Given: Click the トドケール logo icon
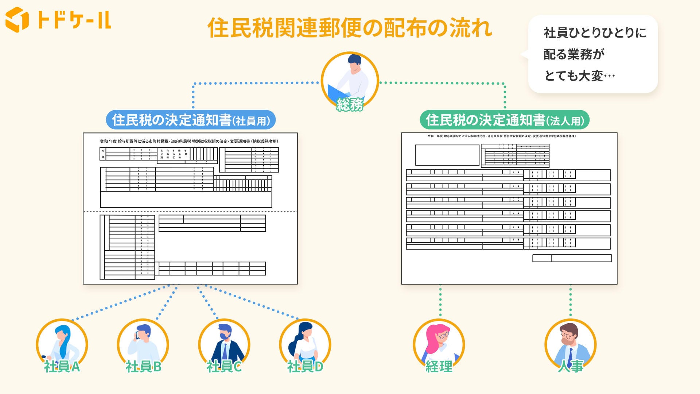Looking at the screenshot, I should point(17,19).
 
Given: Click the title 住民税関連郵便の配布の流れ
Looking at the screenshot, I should point(350,28).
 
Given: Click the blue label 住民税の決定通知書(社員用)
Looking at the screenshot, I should point(191,120).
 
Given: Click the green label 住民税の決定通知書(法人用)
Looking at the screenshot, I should point(505,120).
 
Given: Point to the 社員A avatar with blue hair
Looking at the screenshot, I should point(62,343).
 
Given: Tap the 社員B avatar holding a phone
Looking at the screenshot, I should point(143,343).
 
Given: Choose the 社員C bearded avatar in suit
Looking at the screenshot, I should point(224,343).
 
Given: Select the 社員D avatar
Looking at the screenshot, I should point(305,343).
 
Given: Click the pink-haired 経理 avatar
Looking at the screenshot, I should point(439,343).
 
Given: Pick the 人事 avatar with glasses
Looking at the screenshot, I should point(570,343).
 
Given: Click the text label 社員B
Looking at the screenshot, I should point(144,367).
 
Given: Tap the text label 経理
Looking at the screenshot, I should point(439,367).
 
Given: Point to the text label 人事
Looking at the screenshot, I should point(571,366).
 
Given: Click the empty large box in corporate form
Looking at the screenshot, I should point(447,155).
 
